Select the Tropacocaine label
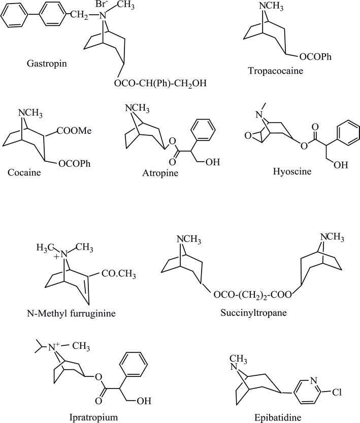click(x=276, y=71)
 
